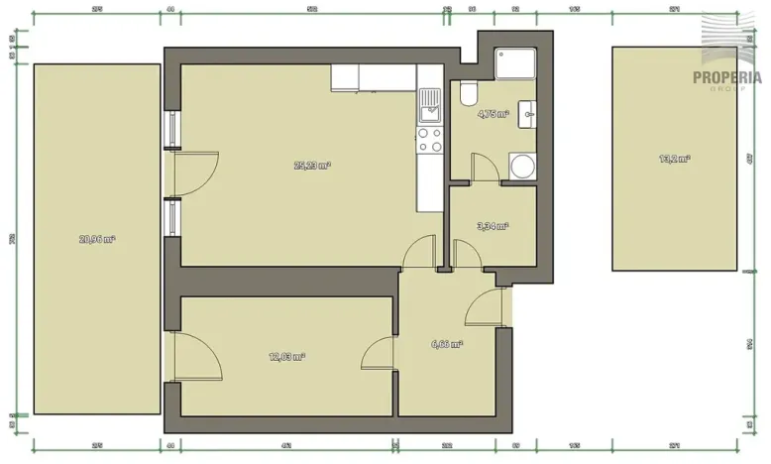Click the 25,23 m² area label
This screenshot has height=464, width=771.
312,166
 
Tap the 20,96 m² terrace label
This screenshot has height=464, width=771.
97,238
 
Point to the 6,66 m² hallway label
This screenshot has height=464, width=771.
448,344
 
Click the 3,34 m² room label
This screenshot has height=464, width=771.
493,226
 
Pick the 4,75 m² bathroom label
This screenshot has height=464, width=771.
493,114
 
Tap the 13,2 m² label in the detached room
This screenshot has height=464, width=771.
675,158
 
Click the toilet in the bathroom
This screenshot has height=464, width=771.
469,94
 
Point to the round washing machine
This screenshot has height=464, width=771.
520,165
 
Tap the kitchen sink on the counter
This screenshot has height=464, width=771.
430,103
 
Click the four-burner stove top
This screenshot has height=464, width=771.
430,140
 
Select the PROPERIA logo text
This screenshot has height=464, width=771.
726,77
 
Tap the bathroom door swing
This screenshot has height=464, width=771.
484,167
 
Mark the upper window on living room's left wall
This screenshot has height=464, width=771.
172,127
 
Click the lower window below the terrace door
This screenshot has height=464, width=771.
172,218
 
